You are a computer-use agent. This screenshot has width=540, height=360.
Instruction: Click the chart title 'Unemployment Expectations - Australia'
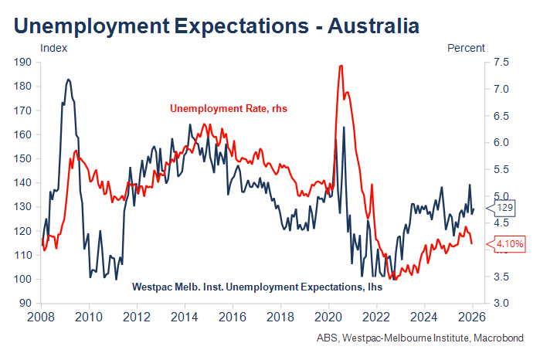[x=216, y=26]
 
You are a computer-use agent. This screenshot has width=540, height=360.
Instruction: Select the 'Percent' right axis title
[x=466, y=48]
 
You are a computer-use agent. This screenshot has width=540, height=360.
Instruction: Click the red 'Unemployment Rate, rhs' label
[x=228, y=109]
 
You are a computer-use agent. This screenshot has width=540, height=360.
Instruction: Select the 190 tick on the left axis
[x=22, y=63]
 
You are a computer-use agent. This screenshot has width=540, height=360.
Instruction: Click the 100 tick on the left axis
[x=22, y=279]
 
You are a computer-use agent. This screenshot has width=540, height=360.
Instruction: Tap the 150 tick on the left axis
[x=22, y=158]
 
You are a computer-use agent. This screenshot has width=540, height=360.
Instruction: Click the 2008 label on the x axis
[x=42, y=317]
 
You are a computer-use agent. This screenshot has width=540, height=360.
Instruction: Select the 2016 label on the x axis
[x=233, y=317]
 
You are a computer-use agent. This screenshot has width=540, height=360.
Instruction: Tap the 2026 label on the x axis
[x=473, y=317]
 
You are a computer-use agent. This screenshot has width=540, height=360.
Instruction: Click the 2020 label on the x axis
[x=328, y=317]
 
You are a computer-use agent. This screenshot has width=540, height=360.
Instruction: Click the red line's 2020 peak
[x=341, y=66]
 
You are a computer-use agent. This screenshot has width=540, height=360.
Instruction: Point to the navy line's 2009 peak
[x=69, y=79]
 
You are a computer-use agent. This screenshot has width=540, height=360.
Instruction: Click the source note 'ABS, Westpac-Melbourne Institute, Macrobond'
[x=419, y=338]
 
